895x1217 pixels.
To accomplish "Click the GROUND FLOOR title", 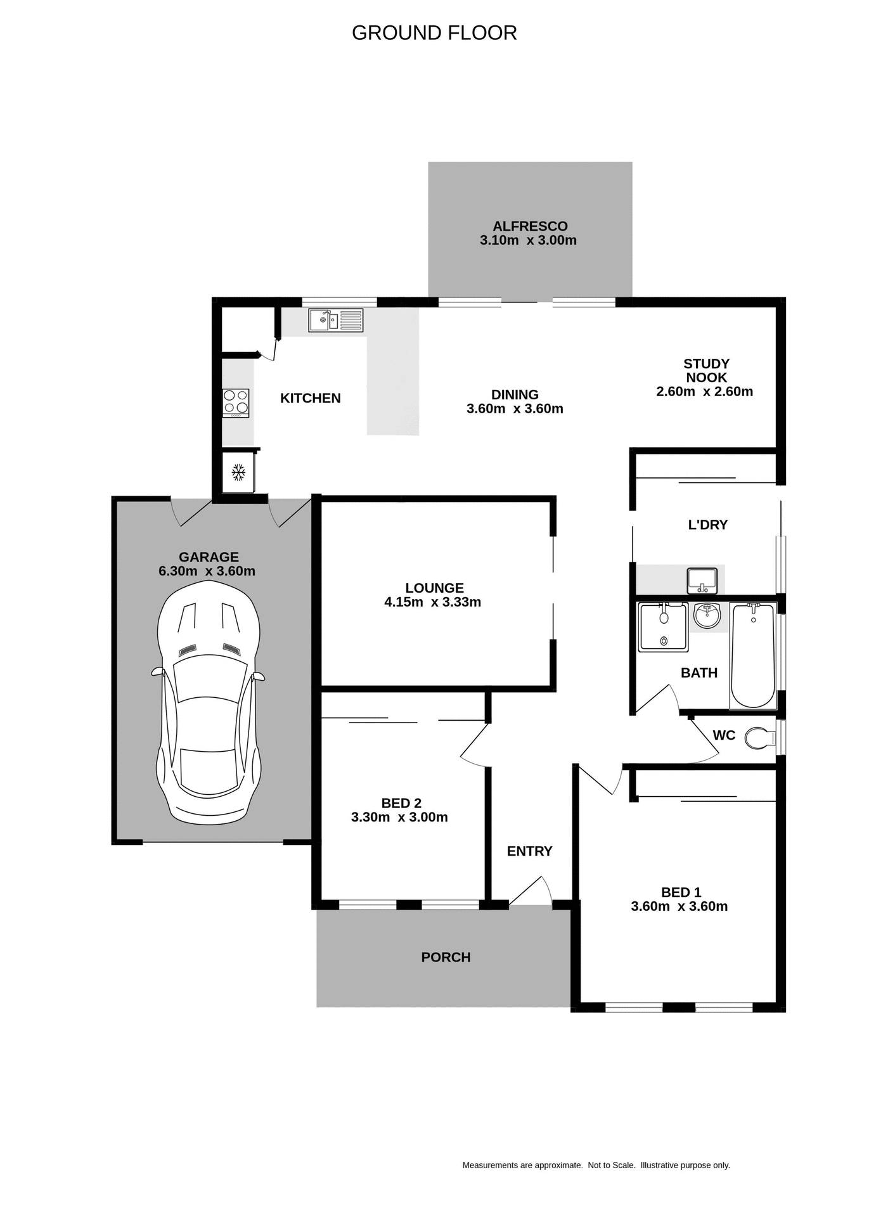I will (434, 33).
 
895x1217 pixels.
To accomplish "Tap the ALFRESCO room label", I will (530, 226).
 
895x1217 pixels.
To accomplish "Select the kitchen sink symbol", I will (336, 320).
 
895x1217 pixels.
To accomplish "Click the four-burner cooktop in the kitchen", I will (235, 403).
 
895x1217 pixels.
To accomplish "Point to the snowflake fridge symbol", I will (238, 472).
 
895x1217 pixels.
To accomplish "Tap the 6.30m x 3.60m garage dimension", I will (207, 571).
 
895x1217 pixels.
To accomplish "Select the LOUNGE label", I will (434, 588).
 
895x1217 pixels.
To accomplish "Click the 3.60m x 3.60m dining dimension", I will (515, 409).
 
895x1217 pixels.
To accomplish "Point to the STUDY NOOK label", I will (705, 370).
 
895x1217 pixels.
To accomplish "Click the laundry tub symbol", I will (702, 580).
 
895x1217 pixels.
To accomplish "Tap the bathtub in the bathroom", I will (752, 656).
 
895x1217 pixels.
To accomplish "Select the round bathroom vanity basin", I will (707, 614).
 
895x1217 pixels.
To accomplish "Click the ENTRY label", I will (529, 851).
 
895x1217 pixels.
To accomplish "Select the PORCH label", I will (446, 957).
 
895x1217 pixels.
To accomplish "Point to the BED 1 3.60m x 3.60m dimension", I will (679, 906).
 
